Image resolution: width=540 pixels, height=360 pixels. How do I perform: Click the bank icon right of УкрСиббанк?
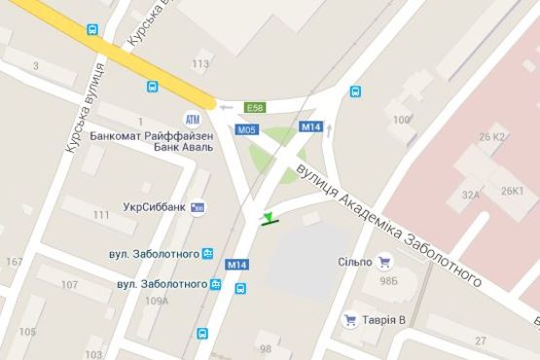198,207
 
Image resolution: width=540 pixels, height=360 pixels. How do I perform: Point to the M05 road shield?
247,129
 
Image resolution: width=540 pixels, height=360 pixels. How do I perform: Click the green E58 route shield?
256,108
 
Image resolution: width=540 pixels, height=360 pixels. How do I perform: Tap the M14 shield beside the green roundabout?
310,127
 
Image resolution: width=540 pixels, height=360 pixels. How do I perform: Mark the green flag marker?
268,216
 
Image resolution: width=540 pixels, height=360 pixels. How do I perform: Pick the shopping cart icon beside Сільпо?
384,261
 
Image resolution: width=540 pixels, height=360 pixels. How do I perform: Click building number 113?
200,64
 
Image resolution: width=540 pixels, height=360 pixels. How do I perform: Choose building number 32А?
471,195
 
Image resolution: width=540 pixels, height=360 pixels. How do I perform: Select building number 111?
100,214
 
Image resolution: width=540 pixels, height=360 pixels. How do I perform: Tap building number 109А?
157,301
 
